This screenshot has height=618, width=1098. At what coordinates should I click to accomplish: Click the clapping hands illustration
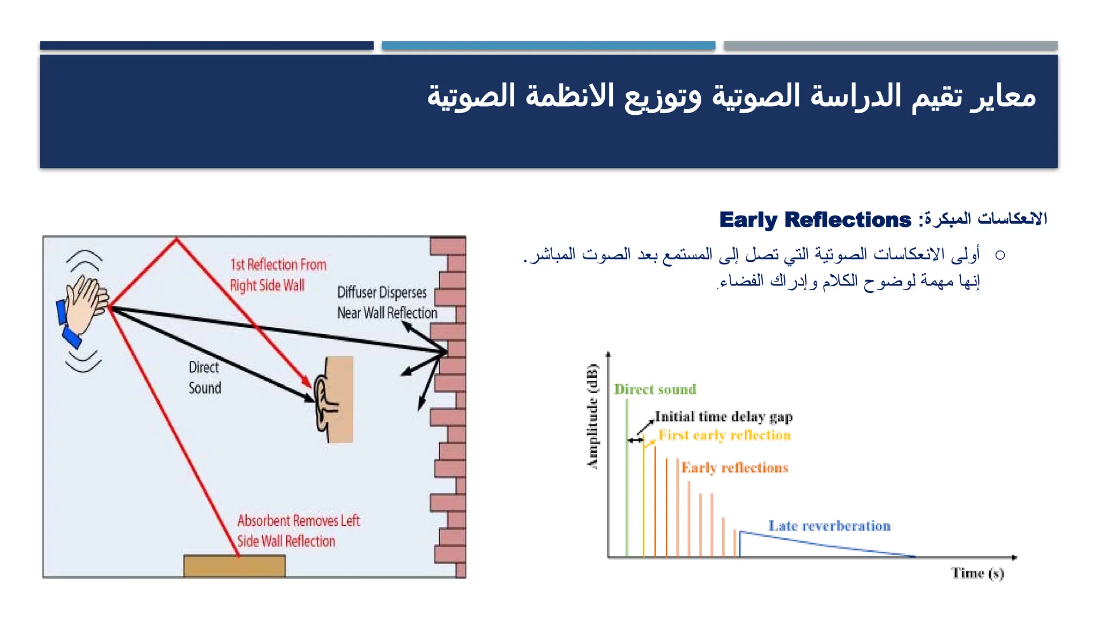tap(85, 306)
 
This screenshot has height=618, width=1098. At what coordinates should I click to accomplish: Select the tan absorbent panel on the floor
tap(234, 566)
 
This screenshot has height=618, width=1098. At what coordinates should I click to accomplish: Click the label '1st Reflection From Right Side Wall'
tap(278, 275)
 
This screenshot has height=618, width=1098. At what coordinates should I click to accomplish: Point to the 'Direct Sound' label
tap(204, 378)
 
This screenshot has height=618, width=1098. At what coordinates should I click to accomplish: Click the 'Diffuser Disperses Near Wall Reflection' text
tap(387, 303)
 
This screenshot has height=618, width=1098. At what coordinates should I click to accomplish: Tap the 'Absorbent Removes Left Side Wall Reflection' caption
tap(298, 531)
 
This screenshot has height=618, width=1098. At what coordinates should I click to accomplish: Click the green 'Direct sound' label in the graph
tap(655, 389)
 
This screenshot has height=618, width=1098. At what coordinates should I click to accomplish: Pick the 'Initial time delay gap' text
tap(723, 417)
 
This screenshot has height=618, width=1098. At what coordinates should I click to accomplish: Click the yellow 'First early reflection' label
tap(724, 435)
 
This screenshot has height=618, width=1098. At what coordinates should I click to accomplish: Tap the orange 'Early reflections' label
tap(734, 468)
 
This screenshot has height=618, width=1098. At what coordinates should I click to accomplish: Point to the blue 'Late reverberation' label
tap(829, 526)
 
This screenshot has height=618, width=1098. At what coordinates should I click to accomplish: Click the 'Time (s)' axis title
tap(977, 573)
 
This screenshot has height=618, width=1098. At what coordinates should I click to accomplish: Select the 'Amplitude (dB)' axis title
tap(592, 416)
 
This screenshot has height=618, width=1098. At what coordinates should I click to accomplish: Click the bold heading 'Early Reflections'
tap(814, 220)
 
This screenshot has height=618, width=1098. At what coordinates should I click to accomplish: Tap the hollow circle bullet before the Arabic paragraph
tap(999, 255)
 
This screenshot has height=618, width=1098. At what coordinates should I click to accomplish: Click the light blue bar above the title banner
tap(548, 46)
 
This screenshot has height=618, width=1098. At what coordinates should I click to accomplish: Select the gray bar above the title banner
tap(890, 46)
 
